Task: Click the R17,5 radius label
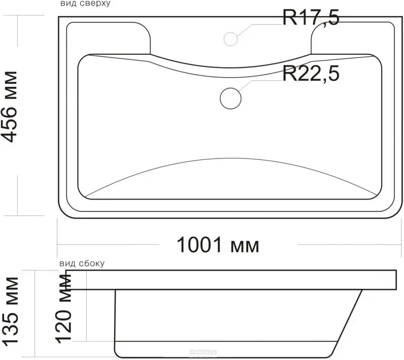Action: click(x=311, y=18)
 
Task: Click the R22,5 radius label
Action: click(x=311, y=74)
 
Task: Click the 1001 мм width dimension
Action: click(x=218, y=245)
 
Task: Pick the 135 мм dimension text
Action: click(x=10, y=311)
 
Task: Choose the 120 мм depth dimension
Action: click(x=63, y=308)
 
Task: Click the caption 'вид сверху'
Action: click(x=86, y=4)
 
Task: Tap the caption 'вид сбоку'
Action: click(x=82, y=264)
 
